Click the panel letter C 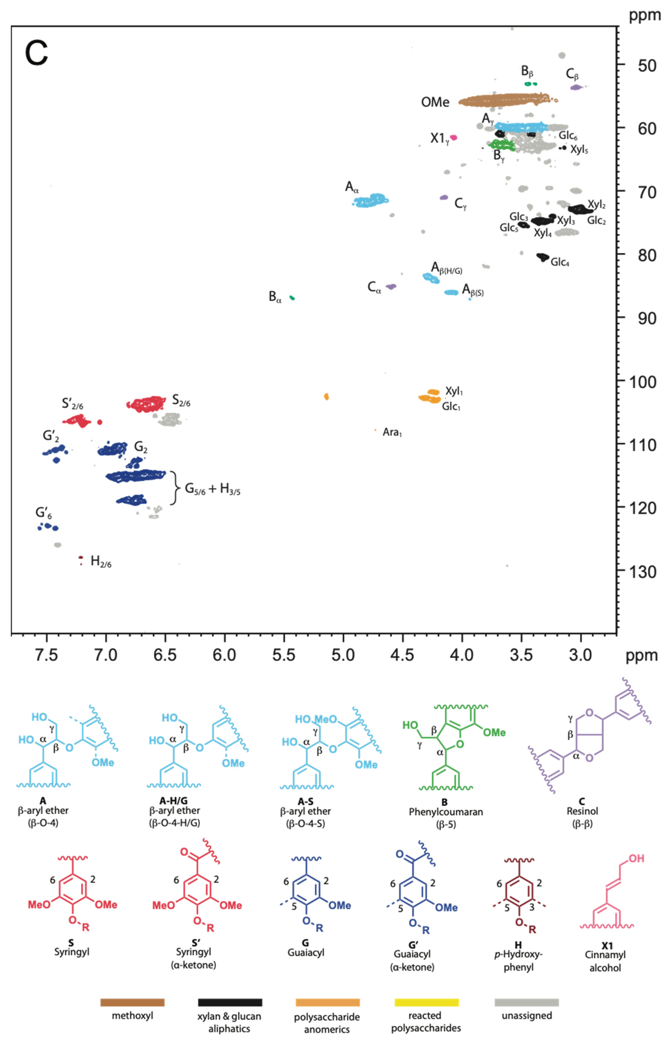[36, 53]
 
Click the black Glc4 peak [543, 257]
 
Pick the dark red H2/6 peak [81, 558]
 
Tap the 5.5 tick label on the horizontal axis [284, 655]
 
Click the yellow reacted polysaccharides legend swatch [426, 1002]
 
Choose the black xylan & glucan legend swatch [230, 1002]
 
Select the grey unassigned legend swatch [526, 1002]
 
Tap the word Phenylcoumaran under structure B [445, 812]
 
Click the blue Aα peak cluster [371, 200]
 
